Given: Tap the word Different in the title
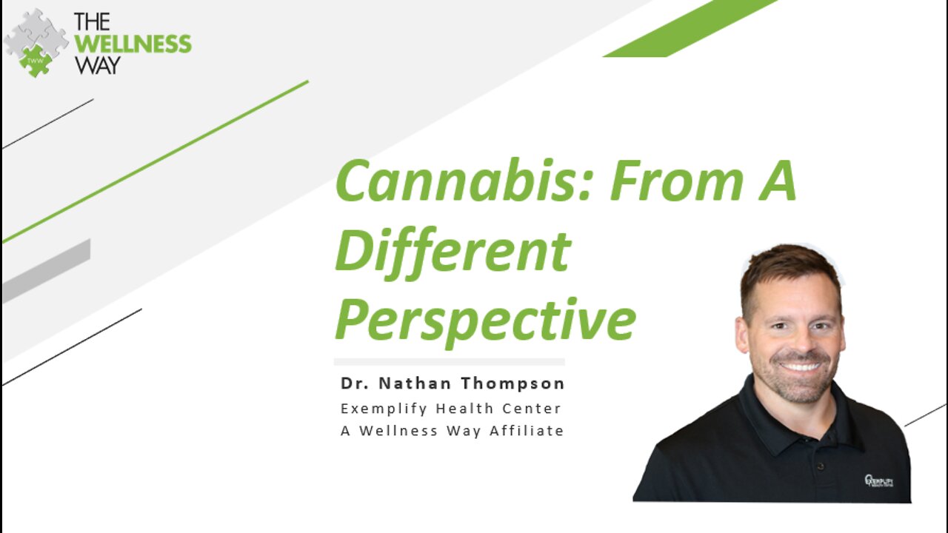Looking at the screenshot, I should point(453,251).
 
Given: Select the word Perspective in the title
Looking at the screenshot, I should point(485,321).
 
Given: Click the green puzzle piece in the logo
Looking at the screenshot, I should point(35,60).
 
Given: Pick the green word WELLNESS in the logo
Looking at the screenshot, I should point(133,44).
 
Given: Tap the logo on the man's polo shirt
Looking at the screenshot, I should point(878,480).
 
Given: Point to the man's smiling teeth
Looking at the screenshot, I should point(800,366).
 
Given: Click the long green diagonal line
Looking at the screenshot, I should point(156,161).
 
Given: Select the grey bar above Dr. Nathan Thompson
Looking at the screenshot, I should point(449,362).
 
